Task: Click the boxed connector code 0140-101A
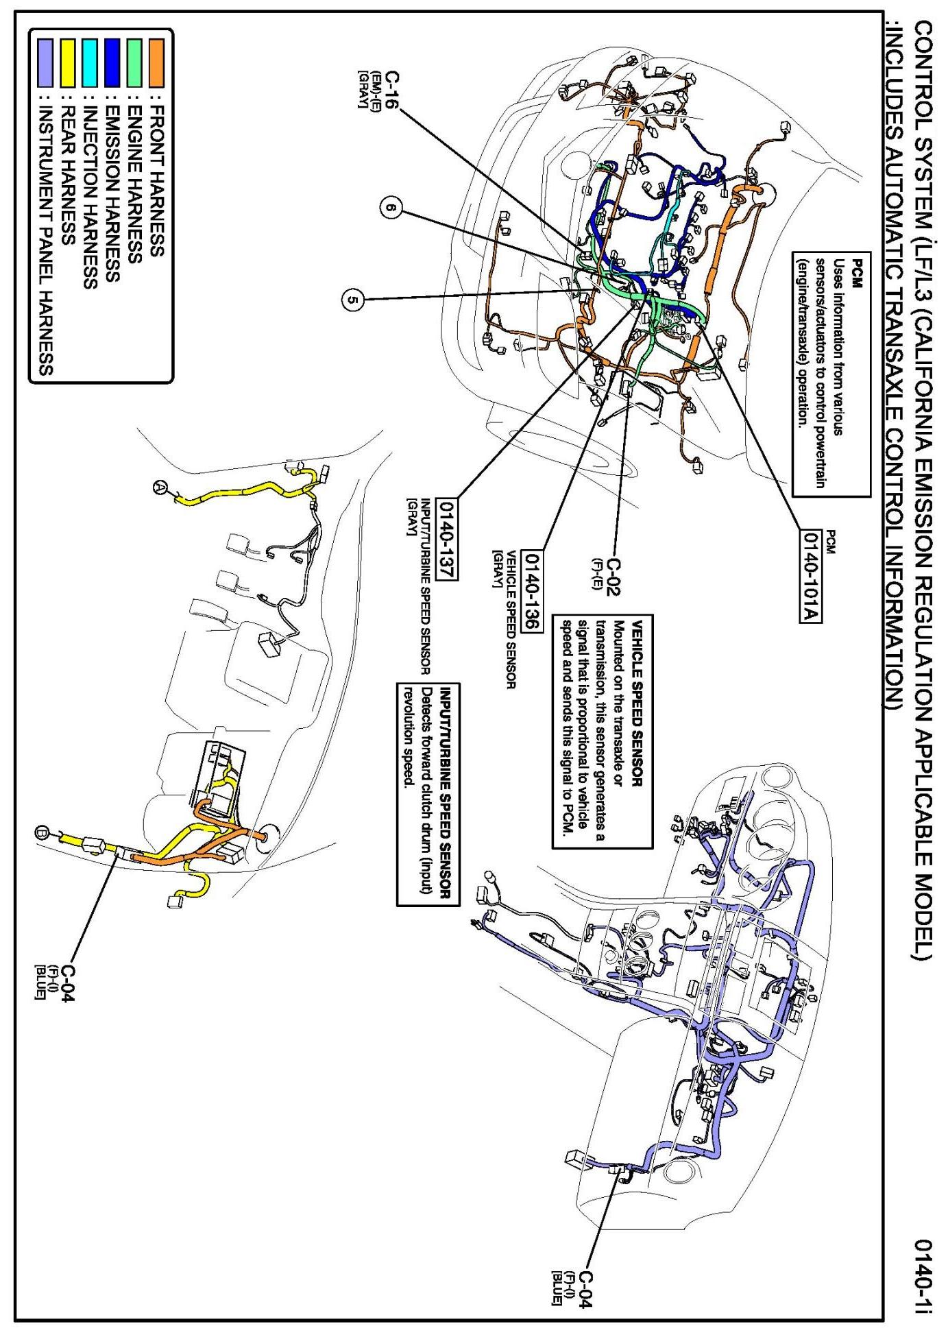click(812, 575)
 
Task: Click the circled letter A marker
click(160, 487)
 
